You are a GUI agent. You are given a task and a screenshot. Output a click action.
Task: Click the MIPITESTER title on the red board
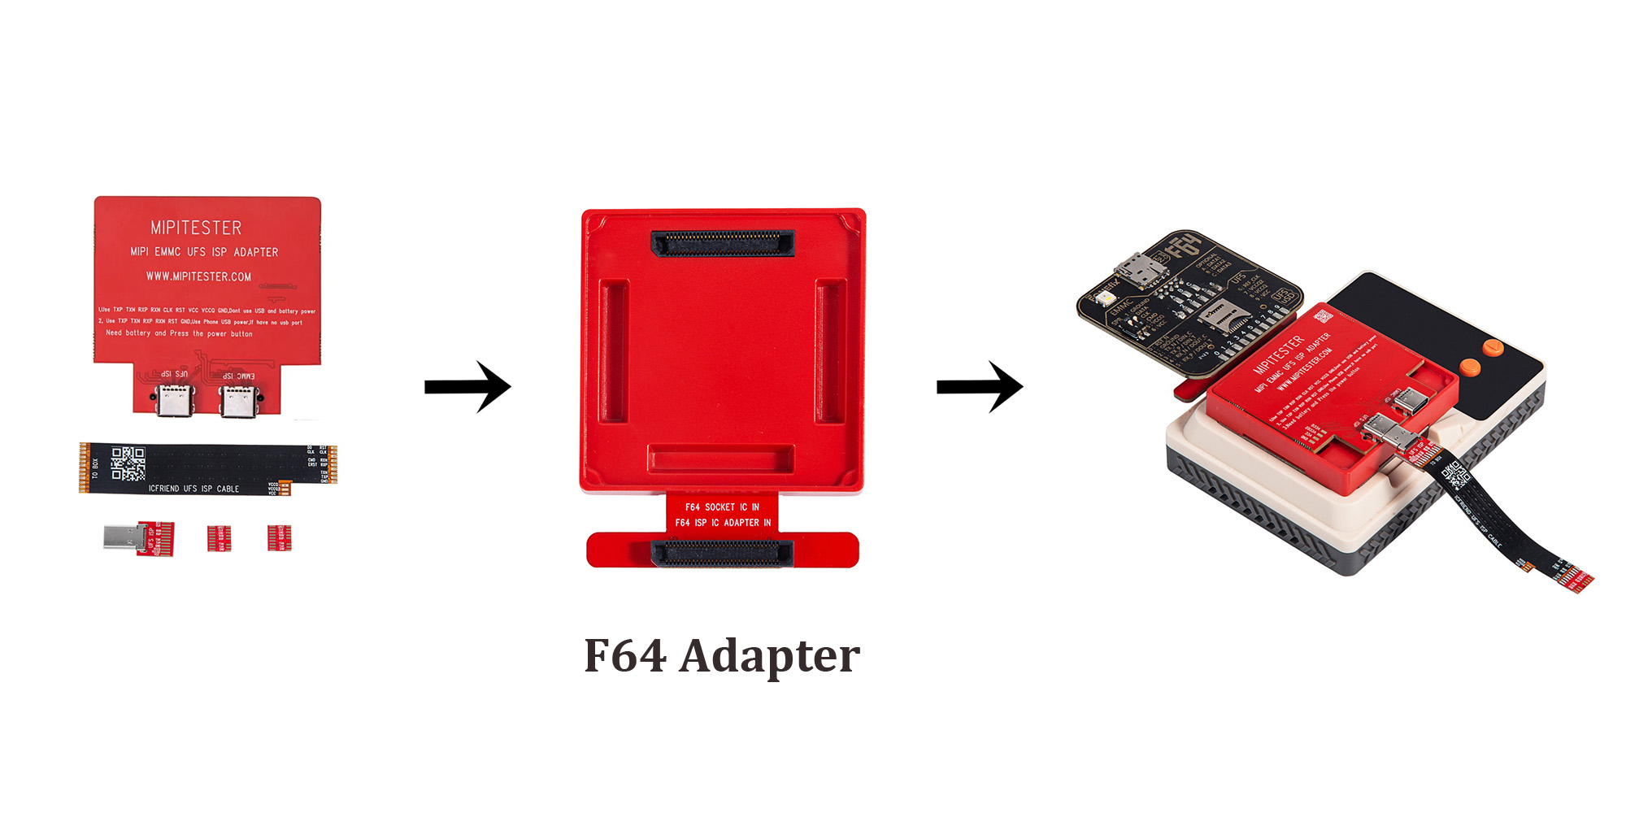point(196,228)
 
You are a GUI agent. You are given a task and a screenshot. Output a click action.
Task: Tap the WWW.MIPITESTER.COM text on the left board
point(198,276)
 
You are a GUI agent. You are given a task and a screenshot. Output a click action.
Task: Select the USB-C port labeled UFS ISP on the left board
point(175,400)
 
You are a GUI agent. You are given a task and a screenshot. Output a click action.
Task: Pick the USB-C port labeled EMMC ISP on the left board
point(238,400)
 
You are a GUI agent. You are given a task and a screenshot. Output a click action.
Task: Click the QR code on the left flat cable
point(128,463)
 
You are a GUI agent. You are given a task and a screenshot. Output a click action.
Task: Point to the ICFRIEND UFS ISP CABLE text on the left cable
point(193,489)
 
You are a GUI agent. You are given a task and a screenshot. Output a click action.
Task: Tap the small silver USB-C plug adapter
point(122,537)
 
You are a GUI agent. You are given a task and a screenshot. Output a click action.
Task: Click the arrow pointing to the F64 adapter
point(467,387)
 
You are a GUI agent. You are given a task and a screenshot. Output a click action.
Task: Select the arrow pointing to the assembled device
point(980,387)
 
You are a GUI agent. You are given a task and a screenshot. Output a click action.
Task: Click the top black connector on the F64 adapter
point(723,242)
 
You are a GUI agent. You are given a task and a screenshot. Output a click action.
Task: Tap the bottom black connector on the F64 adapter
point(722,554)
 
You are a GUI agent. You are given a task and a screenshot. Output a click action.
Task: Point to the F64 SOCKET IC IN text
point(722,506)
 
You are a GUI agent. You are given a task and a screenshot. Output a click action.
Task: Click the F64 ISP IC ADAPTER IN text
point(723,523)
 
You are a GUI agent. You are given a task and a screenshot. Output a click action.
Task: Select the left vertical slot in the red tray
point(614,351)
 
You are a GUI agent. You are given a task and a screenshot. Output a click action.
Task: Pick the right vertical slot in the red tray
point(830,351)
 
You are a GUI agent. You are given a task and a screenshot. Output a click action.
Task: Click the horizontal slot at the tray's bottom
point(721,459)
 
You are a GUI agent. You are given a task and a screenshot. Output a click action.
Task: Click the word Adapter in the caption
point(769,656)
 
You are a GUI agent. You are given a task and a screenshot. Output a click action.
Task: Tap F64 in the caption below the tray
point(625,656)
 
